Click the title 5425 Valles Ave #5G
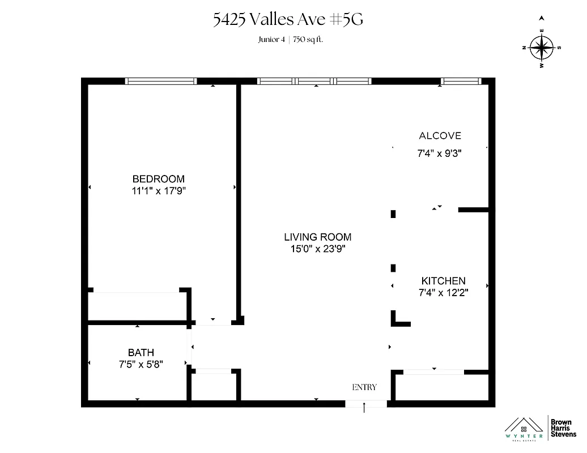(x=287, y=20)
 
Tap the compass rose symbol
(x=542, y=48)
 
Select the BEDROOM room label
(x=158, y=179)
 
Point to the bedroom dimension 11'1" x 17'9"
(x=158, y=191)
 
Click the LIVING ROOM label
(x=317, y=237)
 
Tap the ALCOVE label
(x=440, y=136)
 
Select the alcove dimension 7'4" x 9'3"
(x=440, y=152)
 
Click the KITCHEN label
(x=443, y=281)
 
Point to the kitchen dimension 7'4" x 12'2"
(x=443, y=293)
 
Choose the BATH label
(x=141, y=353)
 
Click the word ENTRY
(x=364, y=387)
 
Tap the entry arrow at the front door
(x=364, y=407)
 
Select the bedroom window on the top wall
(x=161, y=82)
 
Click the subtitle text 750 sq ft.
(x=308, y=39)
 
